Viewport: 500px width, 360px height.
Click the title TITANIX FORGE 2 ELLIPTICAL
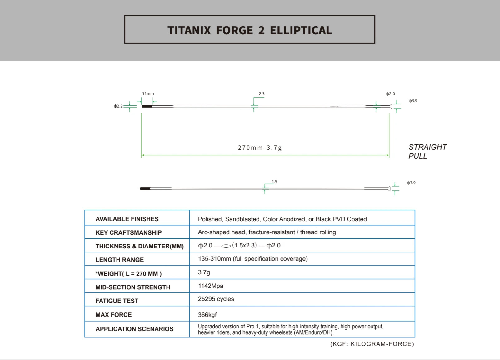[x=250, y=30]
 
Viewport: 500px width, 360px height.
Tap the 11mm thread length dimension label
[x=148, y=93]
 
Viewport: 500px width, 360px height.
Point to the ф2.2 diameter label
[x=118, y=106]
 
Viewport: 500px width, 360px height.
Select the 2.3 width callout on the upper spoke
[x=262, y=93]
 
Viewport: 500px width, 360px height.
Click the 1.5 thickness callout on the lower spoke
[x=274, y=182]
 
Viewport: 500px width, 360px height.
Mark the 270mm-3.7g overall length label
[x=260, y=147]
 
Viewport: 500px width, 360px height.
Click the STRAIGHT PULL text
[x=427, y=151]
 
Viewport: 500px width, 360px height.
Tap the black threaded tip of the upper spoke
[x=147, y=107]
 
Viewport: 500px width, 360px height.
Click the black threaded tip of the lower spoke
[x=145, y=188]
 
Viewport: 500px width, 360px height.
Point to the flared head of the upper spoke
[x=391, y=107]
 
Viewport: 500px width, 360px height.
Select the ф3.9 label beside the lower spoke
[x=411, y=183]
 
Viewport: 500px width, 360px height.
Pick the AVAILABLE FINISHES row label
[x=127, y=219]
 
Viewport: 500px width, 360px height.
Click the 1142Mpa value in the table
[x=211, y=286]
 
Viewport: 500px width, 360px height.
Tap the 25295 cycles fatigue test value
[x=216, y=299]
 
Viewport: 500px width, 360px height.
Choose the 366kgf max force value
[x=207, y=315]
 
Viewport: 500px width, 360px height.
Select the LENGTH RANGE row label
[x=120, y=260]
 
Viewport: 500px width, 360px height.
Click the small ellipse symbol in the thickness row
[x=226, y=246]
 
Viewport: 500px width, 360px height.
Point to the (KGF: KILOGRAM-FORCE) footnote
[x=372, y=344]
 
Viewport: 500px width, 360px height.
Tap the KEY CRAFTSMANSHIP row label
[x=128, y=232]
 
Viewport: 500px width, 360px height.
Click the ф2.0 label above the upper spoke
[x=390, y=93]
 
